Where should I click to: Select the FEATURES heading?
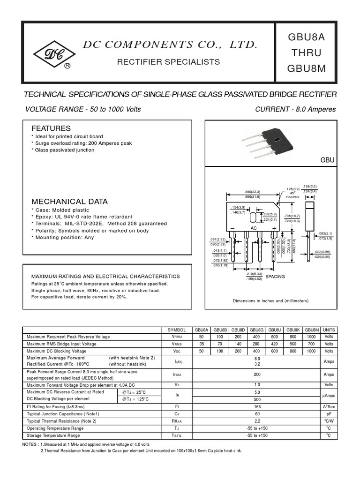pos(51,128)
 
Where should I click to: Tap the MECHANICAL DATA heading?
pos(69,202)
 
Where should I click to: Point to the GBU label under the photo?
pos(327,160)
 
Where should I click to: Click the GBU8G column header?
pos(256,330)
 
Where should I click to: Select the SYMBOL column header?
pos(177,330)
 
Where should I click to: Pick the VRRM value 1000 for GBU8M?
pos(311,337)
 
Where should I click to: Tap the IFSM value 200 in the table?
pos(256,375)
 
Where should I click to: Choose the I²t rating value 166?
pos(256,406)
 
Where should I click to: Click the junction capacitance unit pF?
pos(329,414)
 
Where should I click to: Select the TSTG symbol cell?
pos(177,435)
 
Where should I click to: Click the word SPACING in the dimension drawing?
pos(275,277)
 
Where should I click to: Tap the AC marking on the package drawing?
pos(254,228)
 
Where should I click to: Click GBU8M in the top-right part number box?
pos(306,69)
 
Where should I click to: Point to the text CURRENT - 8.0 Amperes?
pos(295,109)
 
